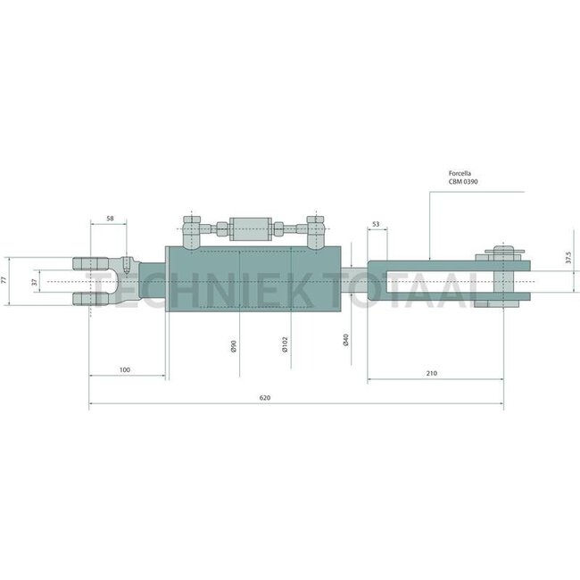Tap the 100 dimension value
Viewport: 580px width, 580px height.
point(124,368)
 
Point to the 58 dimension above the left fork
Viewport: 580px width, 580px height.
point(110,219)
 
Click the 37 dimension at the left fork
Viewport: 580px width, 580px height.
point(35,281)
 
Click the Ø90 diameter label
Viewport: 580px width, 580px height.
point(233,346)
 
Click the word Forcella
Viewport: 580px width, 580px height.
point(466,175)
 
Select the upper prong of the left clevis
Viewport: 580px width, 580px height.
point(87,264)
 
